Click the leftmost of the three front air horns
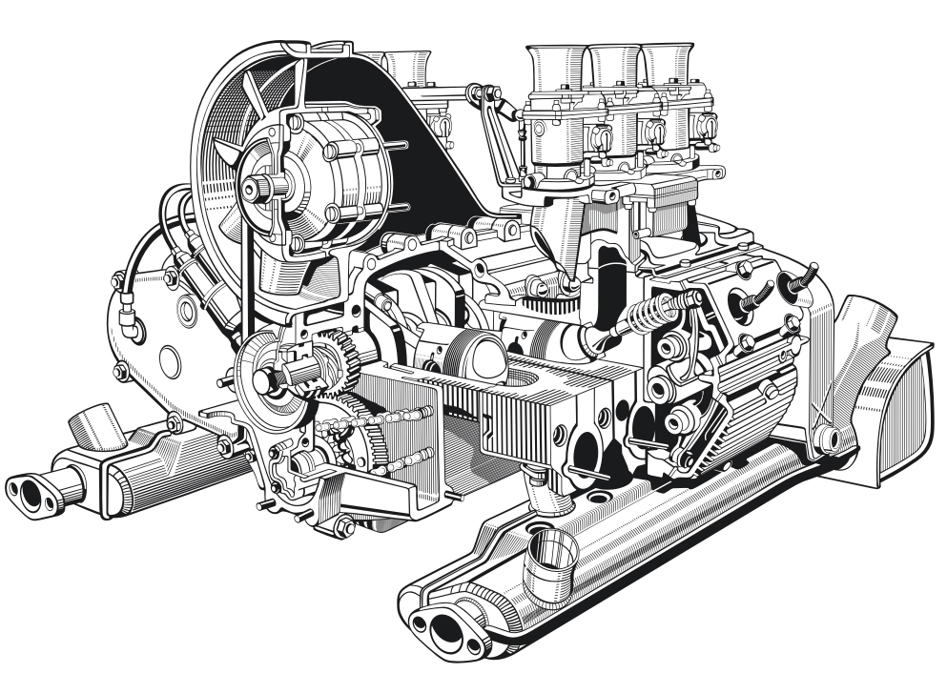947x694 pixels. coord(557,67)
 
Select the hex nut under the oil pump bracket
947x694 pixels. coord(344,527)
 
